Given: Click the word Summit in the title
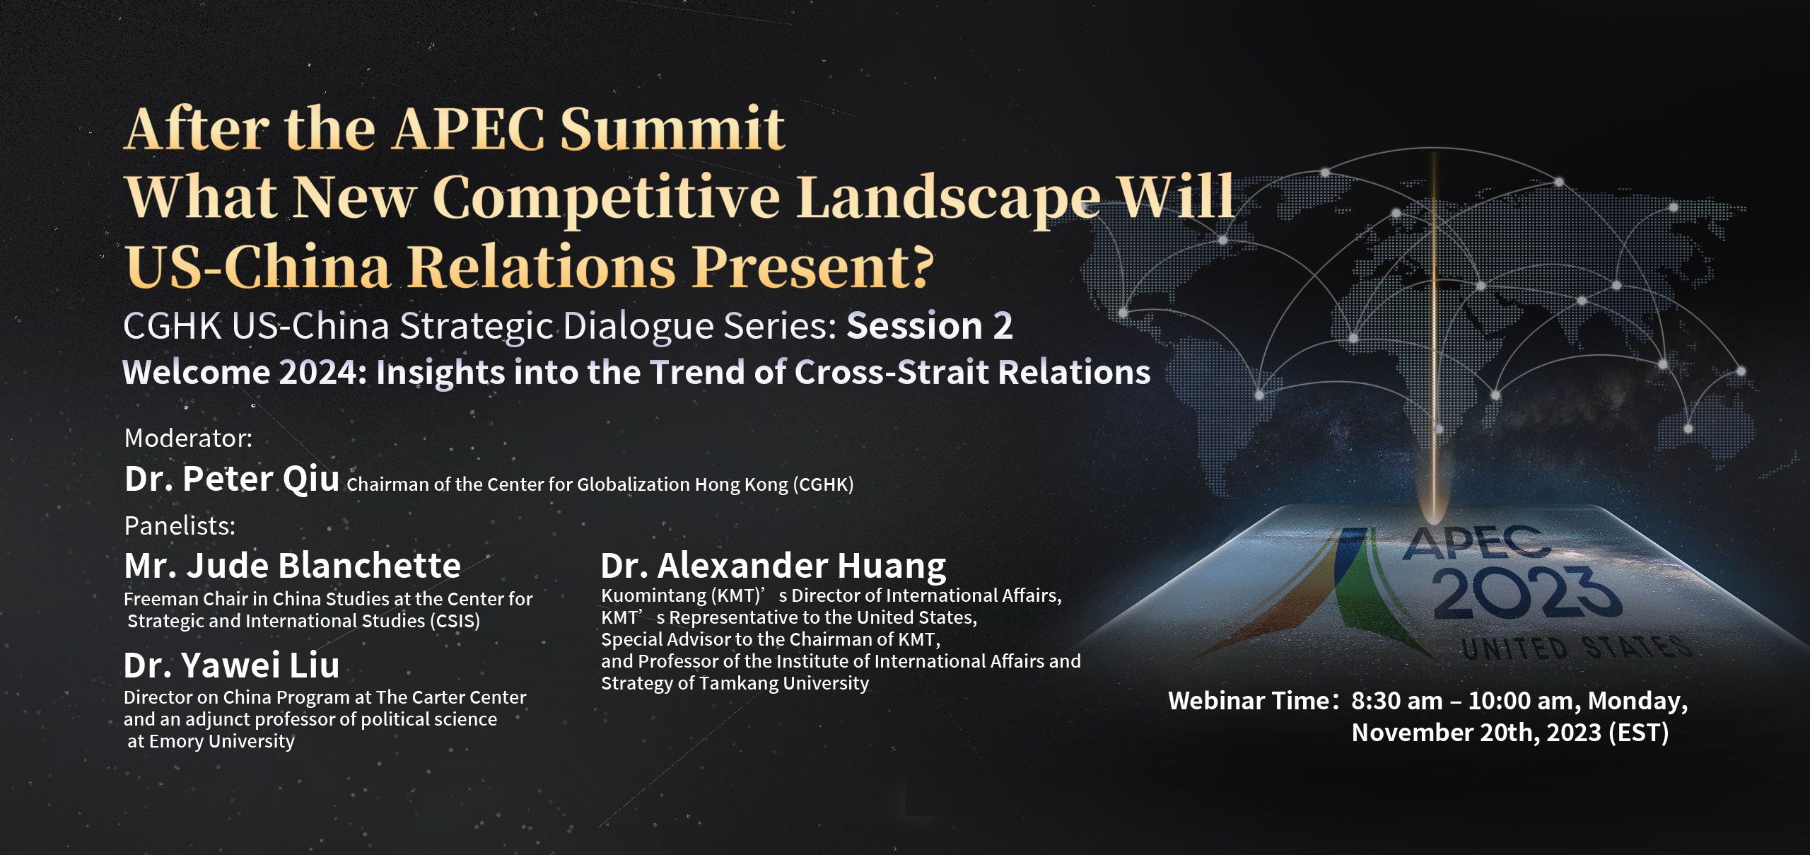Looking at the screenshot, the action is coord(672,129).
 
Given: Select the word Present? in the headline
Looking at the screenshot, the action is coord(813,266).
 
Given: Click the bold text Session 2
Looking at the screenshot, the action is coord(930,326).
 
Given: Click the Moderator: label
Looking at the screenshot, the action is coord(188,438).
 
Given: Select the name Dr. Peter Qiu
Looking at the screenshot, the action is coord(232,479).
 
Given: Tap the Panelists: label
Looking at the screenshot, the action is coord(180,525).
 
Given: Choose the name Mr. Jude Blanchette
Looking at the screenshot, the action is coord(293,566).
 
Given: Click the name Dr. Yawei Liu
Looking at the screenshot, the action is coord(232,665).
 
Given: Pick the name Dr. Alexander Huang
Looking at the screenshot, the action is coord(773,566).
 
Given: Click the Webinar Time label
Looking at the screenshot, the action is coord(1249,701).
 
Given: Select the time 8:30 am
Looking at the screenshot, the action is coord(1397,701).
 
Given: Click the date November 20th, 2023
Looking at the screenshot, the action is coord(1476,733).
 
